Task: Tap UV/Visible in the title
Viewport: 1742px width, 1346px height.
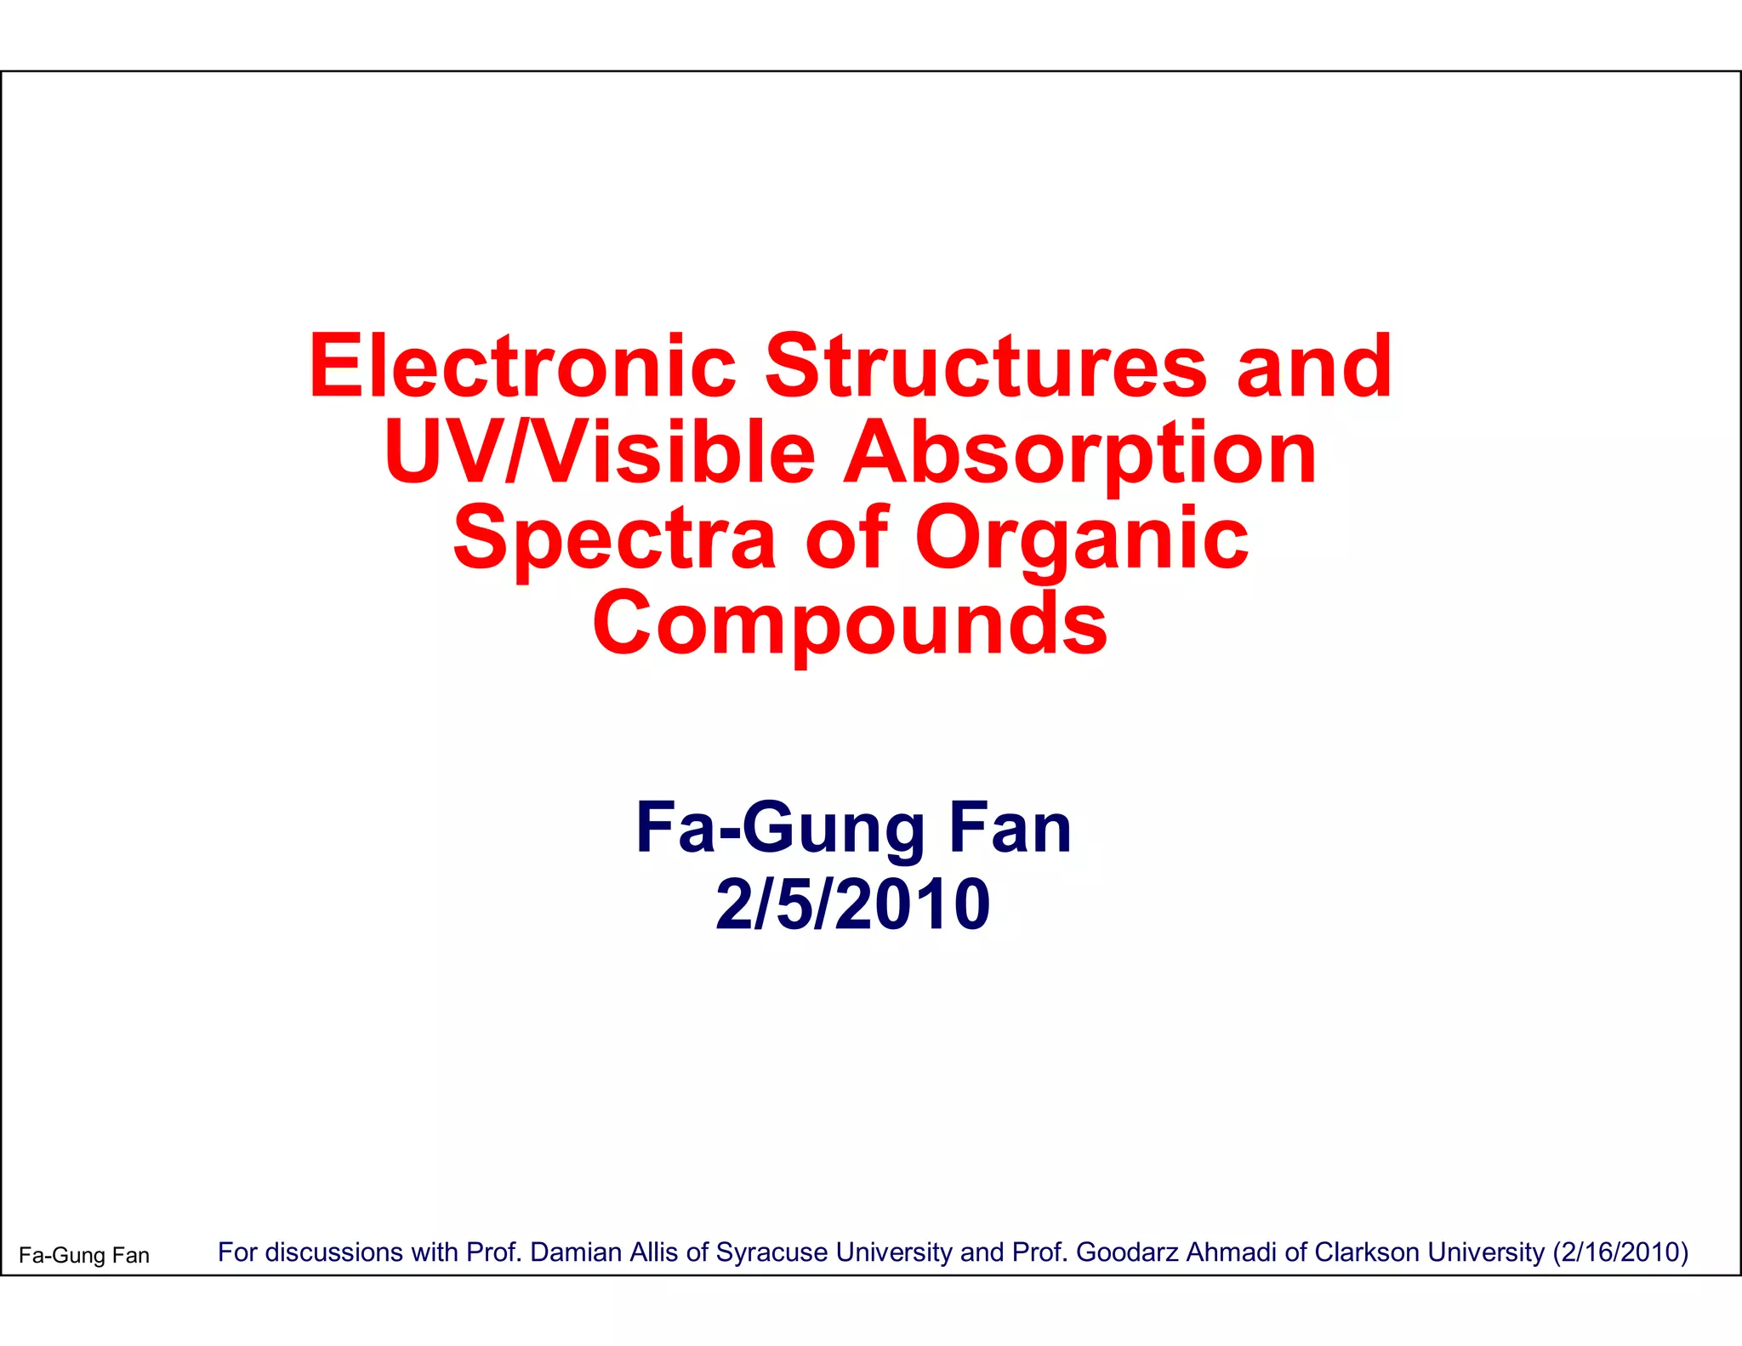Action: [599, 453]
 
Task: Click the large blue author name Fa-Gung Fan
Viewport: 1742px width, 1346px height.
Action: [853, 828]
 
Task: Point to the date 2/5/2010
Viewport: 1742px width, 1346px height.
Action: [853, 904]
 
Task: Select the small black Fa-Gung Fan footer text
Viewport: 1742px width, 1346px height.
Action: [84, 1255]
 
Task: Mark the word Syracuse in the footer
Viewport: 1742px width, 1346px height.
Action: [771, 1252]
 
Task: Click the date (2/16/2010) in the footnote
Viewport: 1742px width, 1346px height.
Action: [1620, 1252]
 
